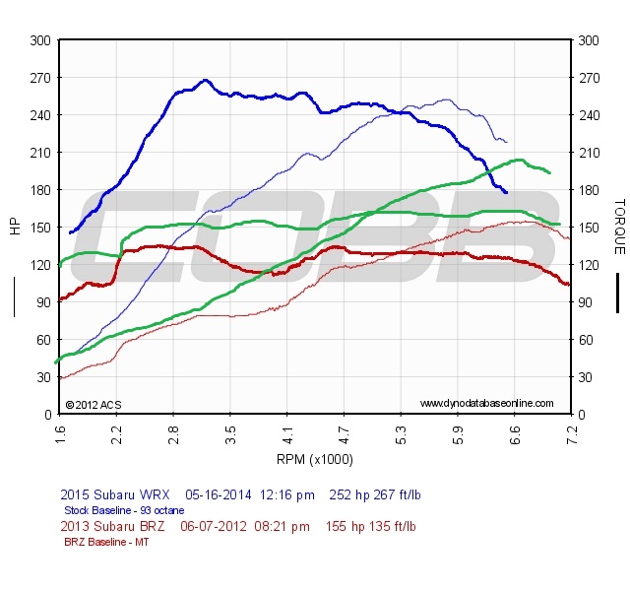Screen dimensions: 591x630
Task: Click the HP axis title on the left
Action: [15, 227]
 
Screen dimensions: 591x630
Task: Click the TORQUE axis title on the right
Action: [619, 227]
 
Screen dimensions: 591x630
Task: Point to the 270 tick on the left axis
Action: [40, 78]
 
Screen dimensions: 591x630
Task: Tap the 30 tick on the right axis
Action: [589, 377]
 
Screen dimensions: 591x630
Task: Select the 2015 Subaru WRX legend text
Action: [116, 494]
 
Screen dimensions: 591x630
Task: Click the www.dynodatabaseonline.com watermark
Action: [486, 403]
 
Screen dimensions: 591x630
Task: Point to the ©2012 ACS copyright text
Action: [93, 404]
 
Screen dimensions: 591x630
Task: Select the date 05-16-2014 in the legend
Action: [218, 494]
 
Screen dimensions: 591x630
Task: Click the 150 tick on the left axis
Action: [40, 228]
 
